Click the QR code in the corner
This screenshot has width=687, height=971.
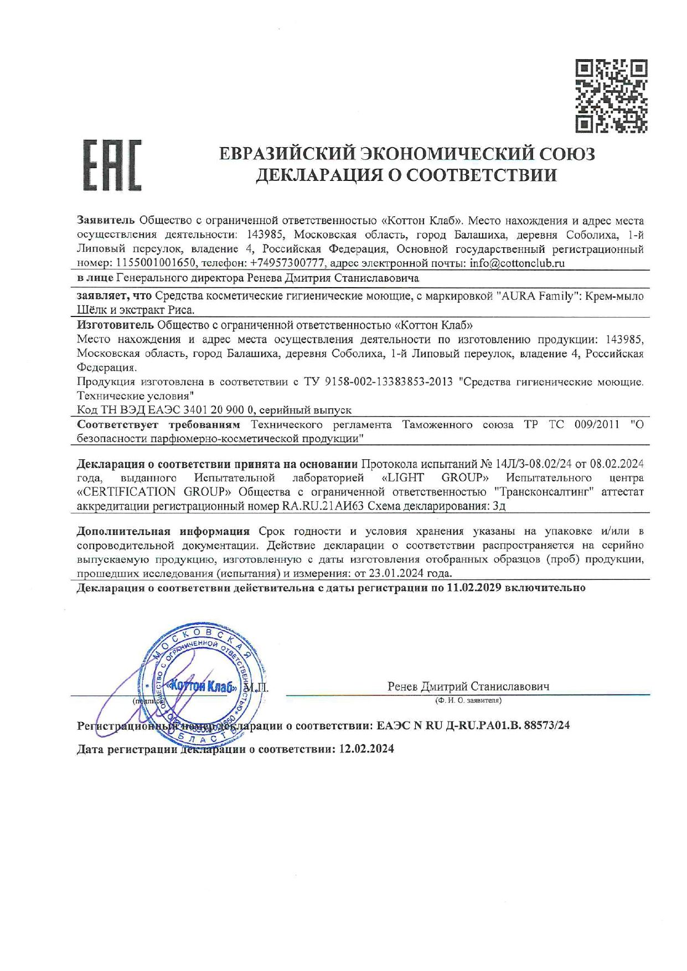(611, 95)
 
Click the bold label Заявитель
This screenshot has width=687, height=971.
(105, 221)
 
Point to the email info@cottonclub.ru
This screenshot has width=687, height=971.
(516, 263)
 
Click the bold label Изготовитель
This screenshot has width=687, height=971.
(115, 324)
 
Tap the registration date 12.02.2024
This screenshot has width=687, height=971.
(366, 749)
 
